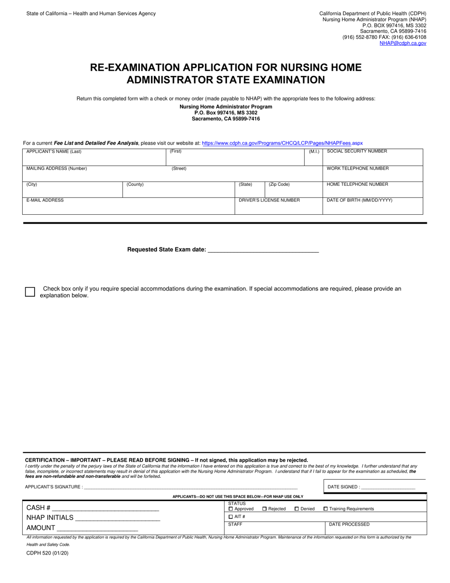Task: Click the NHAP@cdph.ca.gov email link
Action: click(x=403, y=43)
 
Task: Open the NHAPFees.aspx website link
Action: click(x=282, y=143)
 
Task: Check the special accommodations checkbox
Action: click(x=30, y=292)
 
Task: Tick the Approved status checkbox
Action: click(x=231, y=509)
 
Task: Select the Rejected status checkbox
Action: click(x=265, y=509)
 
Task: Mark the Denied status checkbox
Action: click(x=297, y=509)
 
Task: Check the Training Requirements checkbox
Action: click(x=325, y=509)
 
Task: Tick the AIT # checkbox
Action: click(x=231, y=517)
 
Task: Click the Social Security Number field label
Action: click(x=357, y=152)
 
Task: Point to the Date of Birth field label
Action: click(x=360, y=200)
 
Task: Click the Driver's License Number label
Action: click(x=269, y=200)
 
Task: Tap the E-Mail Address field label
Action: click(x=45, y=200)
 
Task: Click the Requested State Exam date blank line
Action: click(x=263, y=250)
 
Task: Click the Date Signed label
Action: click(x=343, y=487)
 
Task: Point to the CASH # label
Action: click(x=38, y=508)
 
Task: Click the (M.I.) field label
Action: click(x=314, y=152)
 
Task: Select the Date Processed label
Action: click(x=349, y=525)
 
